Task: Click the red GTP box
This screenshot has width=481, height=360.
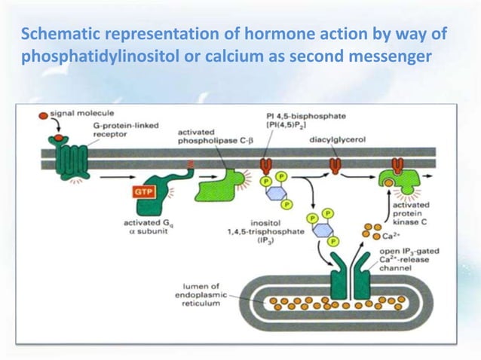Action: coord(143,192)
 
